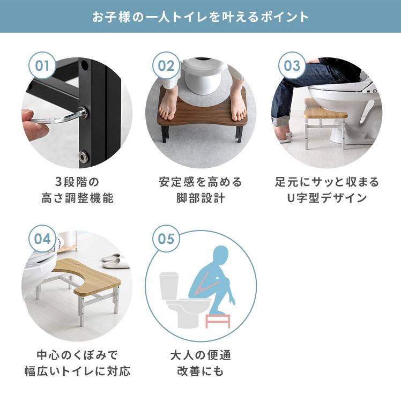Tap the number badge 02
click(x=166, y=66)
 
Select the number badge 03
click(x=292, y=66)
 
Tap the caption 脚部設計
click(x=200, y=198)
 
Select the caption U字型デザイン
click(x=326, y=198)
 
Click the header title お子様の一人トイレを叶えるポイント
click(x=200, y=16)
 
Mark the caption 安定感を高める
click(x=200, y=182)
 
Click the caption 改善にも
click(x=200, y=371)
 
